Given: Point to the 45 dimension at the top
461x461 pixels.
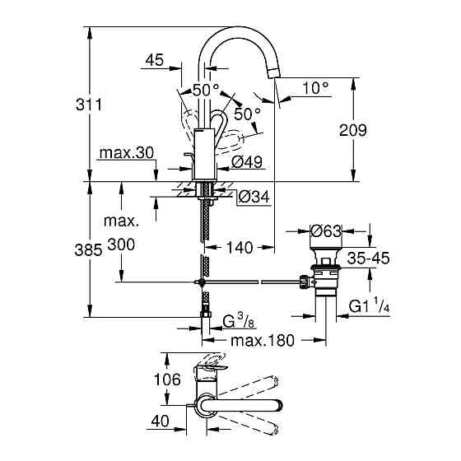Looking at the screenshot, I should coord(152,60).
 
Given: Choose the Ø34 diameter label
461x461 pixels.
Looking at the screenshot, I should coord(254,198).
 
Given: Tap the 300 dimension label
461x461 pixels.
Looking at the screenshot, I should coord(121,247).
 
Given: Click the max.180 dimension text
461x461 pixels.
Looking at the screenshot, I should coord(263,340).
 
